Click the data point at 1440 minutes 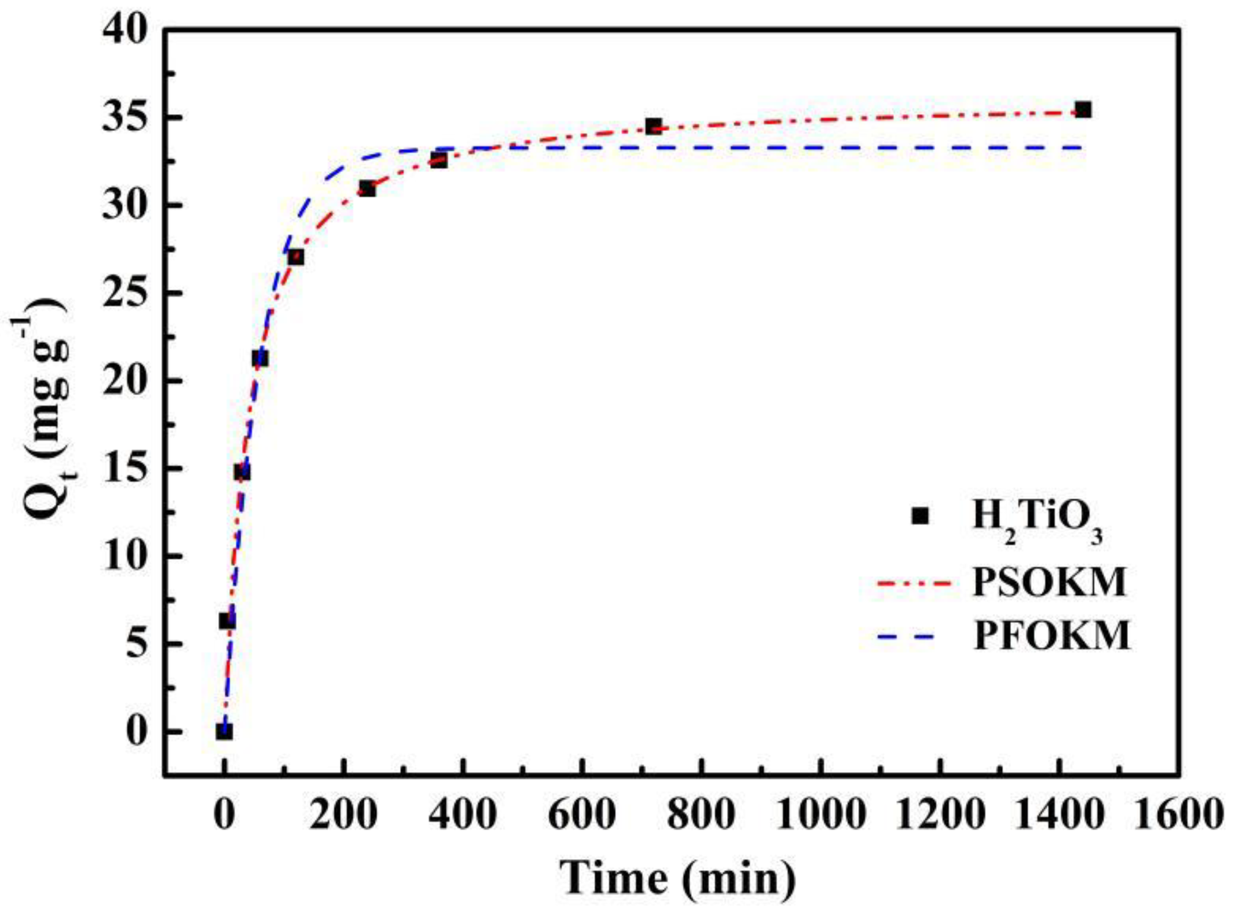1082,109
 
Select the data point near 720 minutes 653,126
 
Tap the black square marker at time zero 224,732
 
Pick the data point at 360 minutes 439,160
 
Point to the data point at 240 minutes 367,188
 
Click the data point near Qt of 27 295,257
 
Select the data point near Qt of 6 226,622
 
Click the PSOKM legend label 1049,582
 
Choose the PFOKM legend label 1051,636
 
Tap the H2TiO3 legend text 1036,517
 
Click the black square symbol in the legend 919,516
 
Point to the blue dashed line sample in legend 907,637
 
